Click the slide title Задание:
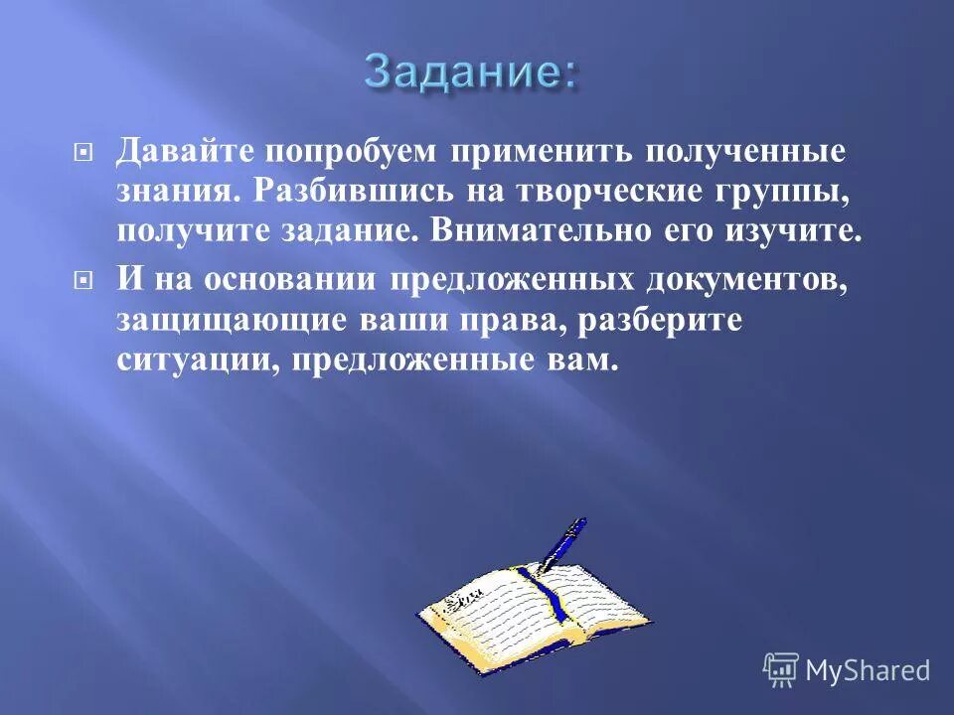tap(469, 71)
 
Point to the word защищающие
tap(231, 319)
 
